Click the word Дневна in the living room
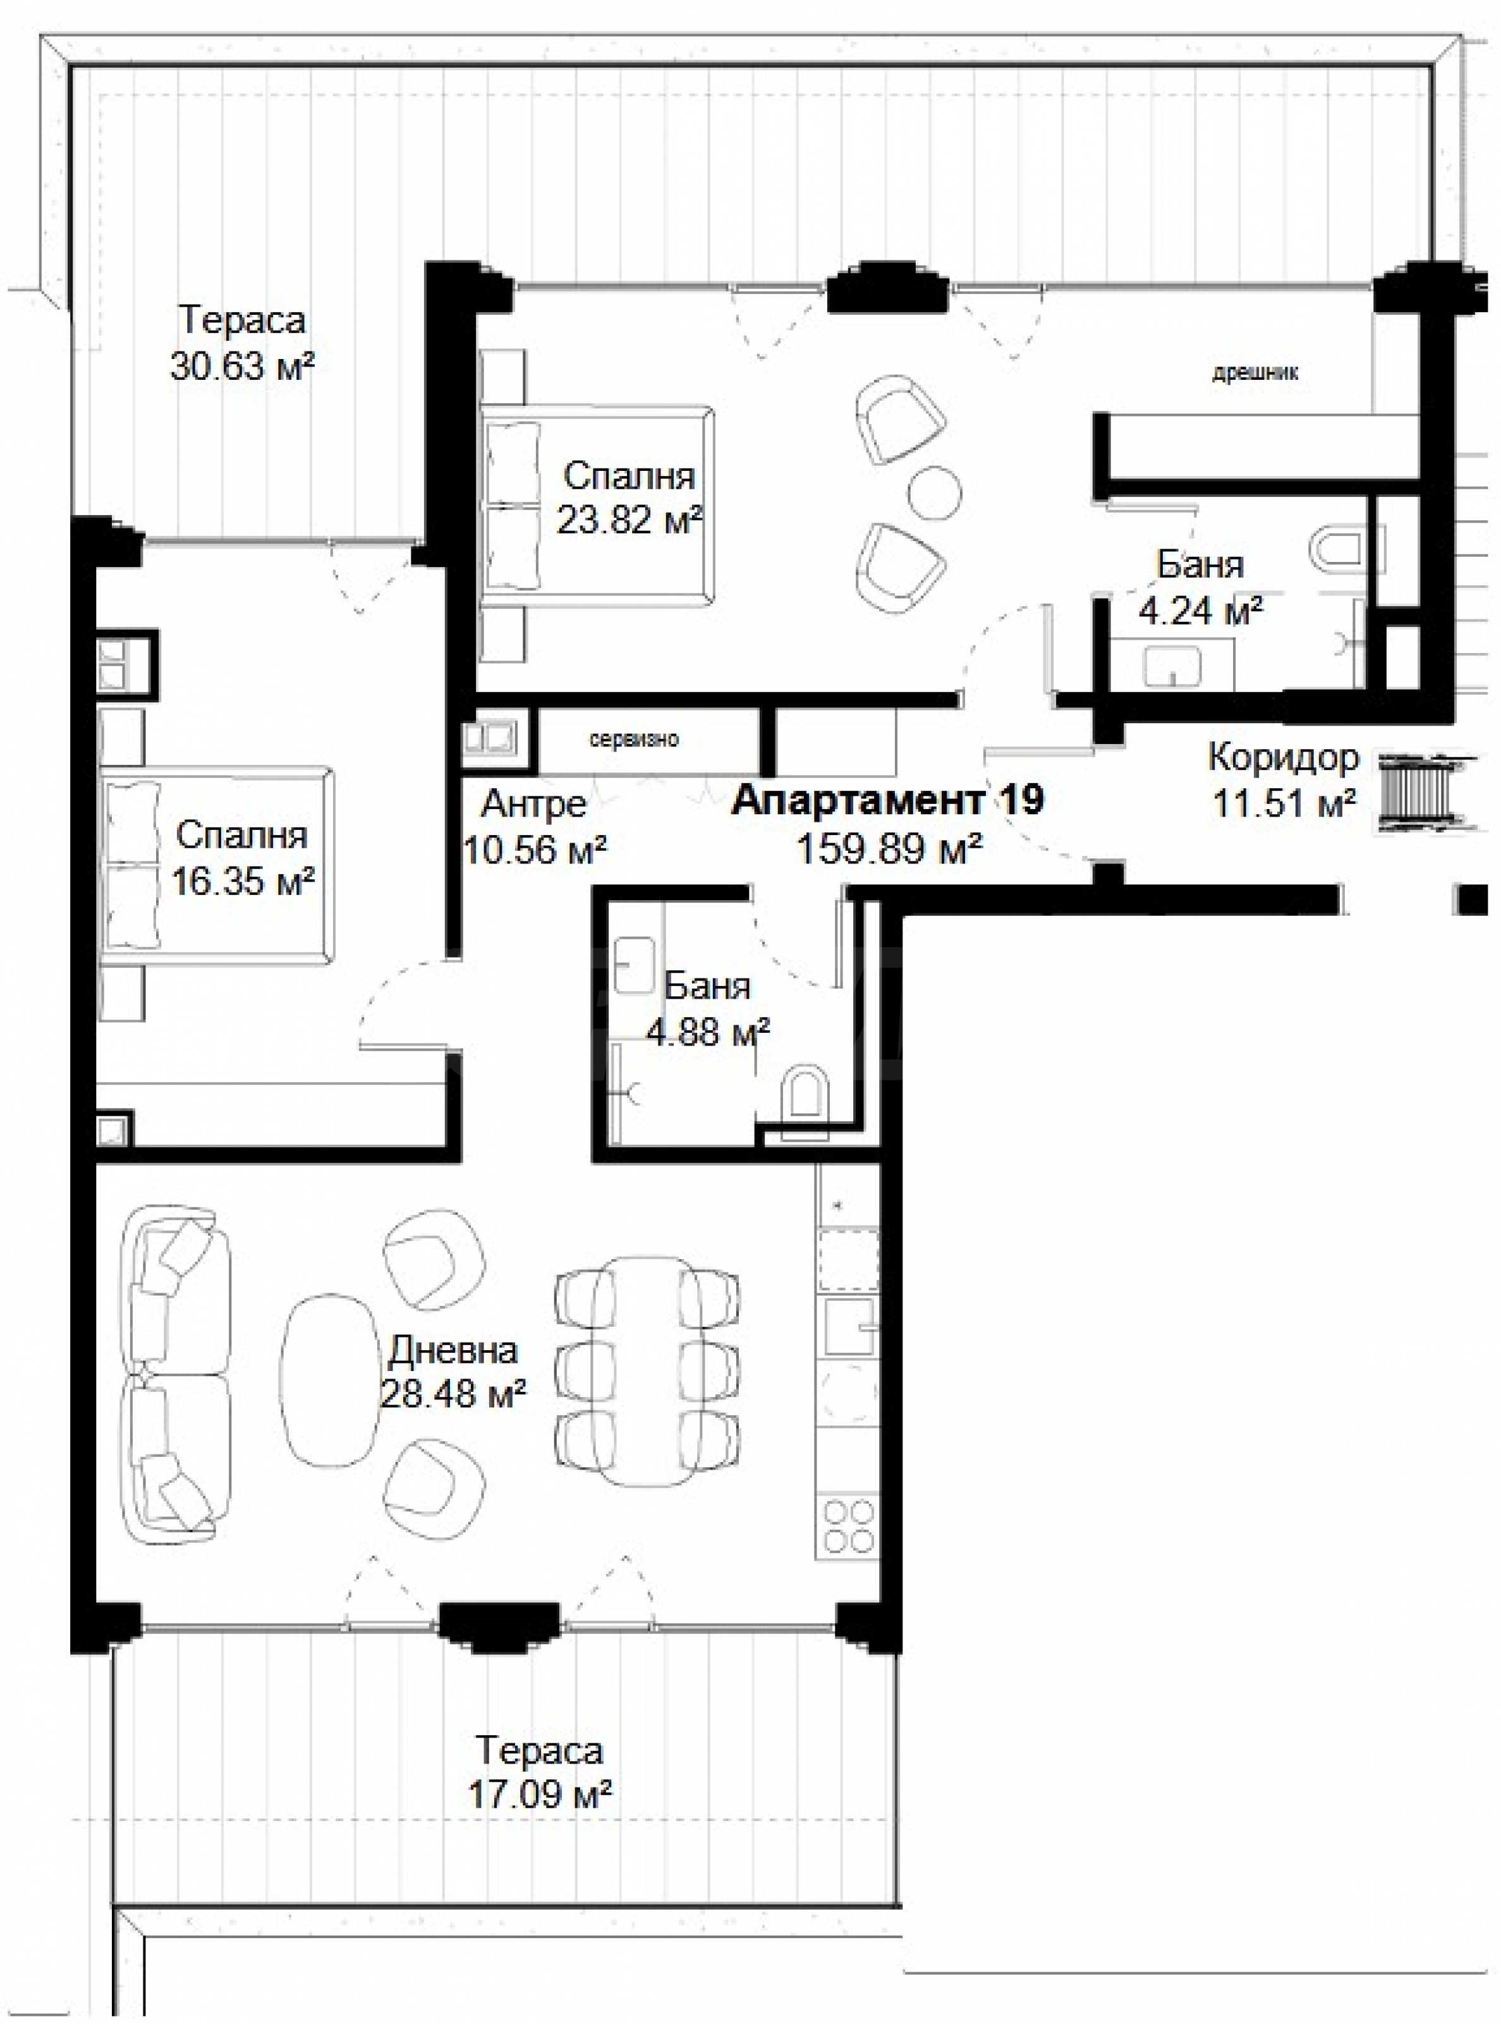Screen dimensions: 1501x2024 pos(453,1351)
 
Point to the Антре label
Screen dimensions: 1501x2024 pos(533,803)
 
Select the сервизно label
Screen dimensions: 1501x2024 pos(634,740)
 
